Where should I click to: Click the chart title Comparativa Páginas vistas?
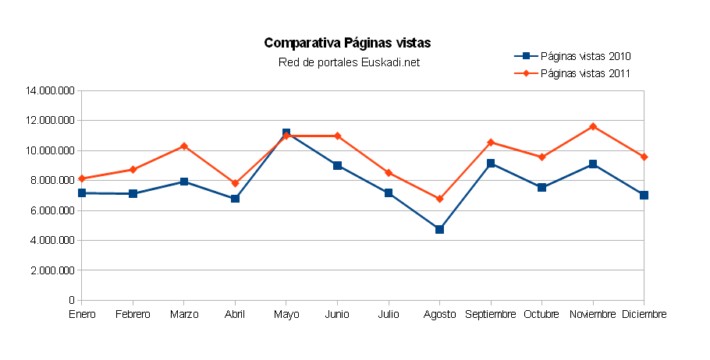tap(348, 43)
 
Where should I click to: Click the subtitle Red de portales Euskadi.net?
tap(348, 62)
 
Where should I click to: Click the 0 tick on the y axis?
tap(71, 300)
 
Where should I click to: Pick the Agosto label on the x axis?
tap(439, 314)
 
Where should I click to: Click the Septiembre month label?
tap(490, 314)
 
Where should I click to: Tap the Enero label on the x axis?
tap(82, 314)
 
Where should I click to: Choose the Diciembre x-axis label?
tap(643, 314)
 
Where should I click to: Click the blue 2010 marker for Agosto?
tap(439, 229)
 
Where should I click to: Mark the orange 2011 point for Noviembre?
tap(593, 126)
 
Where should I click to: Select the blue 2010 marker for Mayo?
tap(286, 132)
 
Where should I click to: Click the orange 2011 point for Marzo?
tap(184, 146)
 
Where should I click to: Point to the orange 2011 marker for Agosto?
tap(439, 199)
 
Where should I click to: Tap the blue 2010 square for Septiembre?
tap(491, 163)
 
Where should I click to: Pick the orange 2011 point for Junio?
tap(337, 136)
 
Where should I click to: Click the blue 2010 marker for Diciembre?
tap(644, 195)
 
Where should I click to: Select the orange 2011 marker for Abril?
tap(235, 183)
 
